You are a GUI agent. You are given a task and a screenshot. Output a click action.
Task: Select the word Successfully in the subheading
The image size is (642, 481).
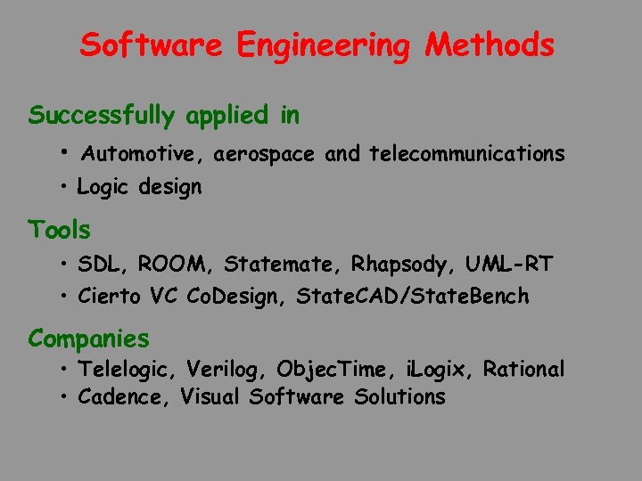coord(103,116)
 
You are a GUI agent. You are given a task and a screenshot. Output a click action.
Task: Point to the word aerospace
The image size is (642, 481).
coord(264,155)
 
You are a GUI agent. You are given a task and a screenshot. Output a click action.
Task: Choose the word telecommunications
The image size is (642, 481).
coord(466,155)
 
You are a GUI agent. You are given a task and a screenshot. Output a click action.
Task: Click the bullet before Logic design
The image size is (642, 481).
coord(65,188)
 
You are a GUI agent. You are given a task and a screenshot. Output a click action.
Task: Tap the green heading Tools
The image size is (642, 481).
coord(60,230)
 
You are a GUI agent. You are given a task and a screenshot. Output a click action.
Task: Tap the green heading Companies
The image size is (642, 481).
coord(88,339)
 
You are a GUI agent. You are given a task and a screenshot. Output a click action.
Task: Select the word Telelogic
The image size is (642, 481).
coord(128,370)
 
